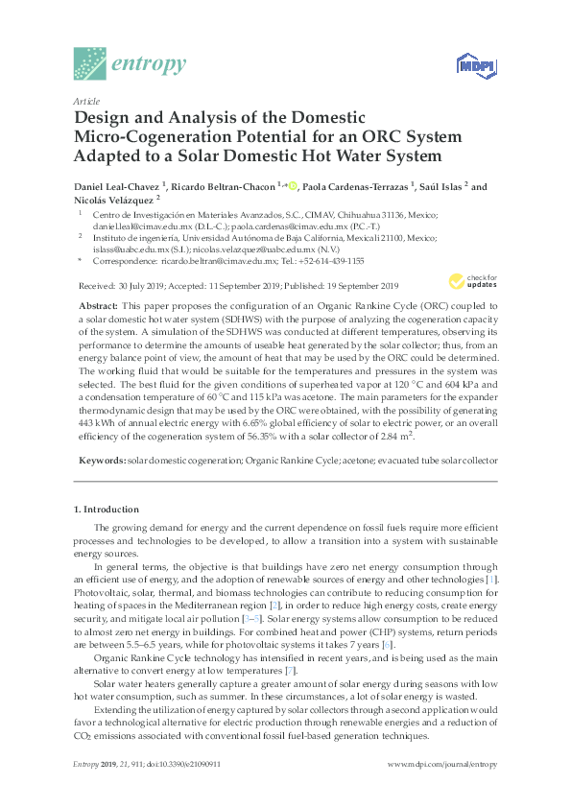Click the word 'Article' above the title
coord(86,101)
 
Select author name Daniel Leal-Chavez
coord(116,186)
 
